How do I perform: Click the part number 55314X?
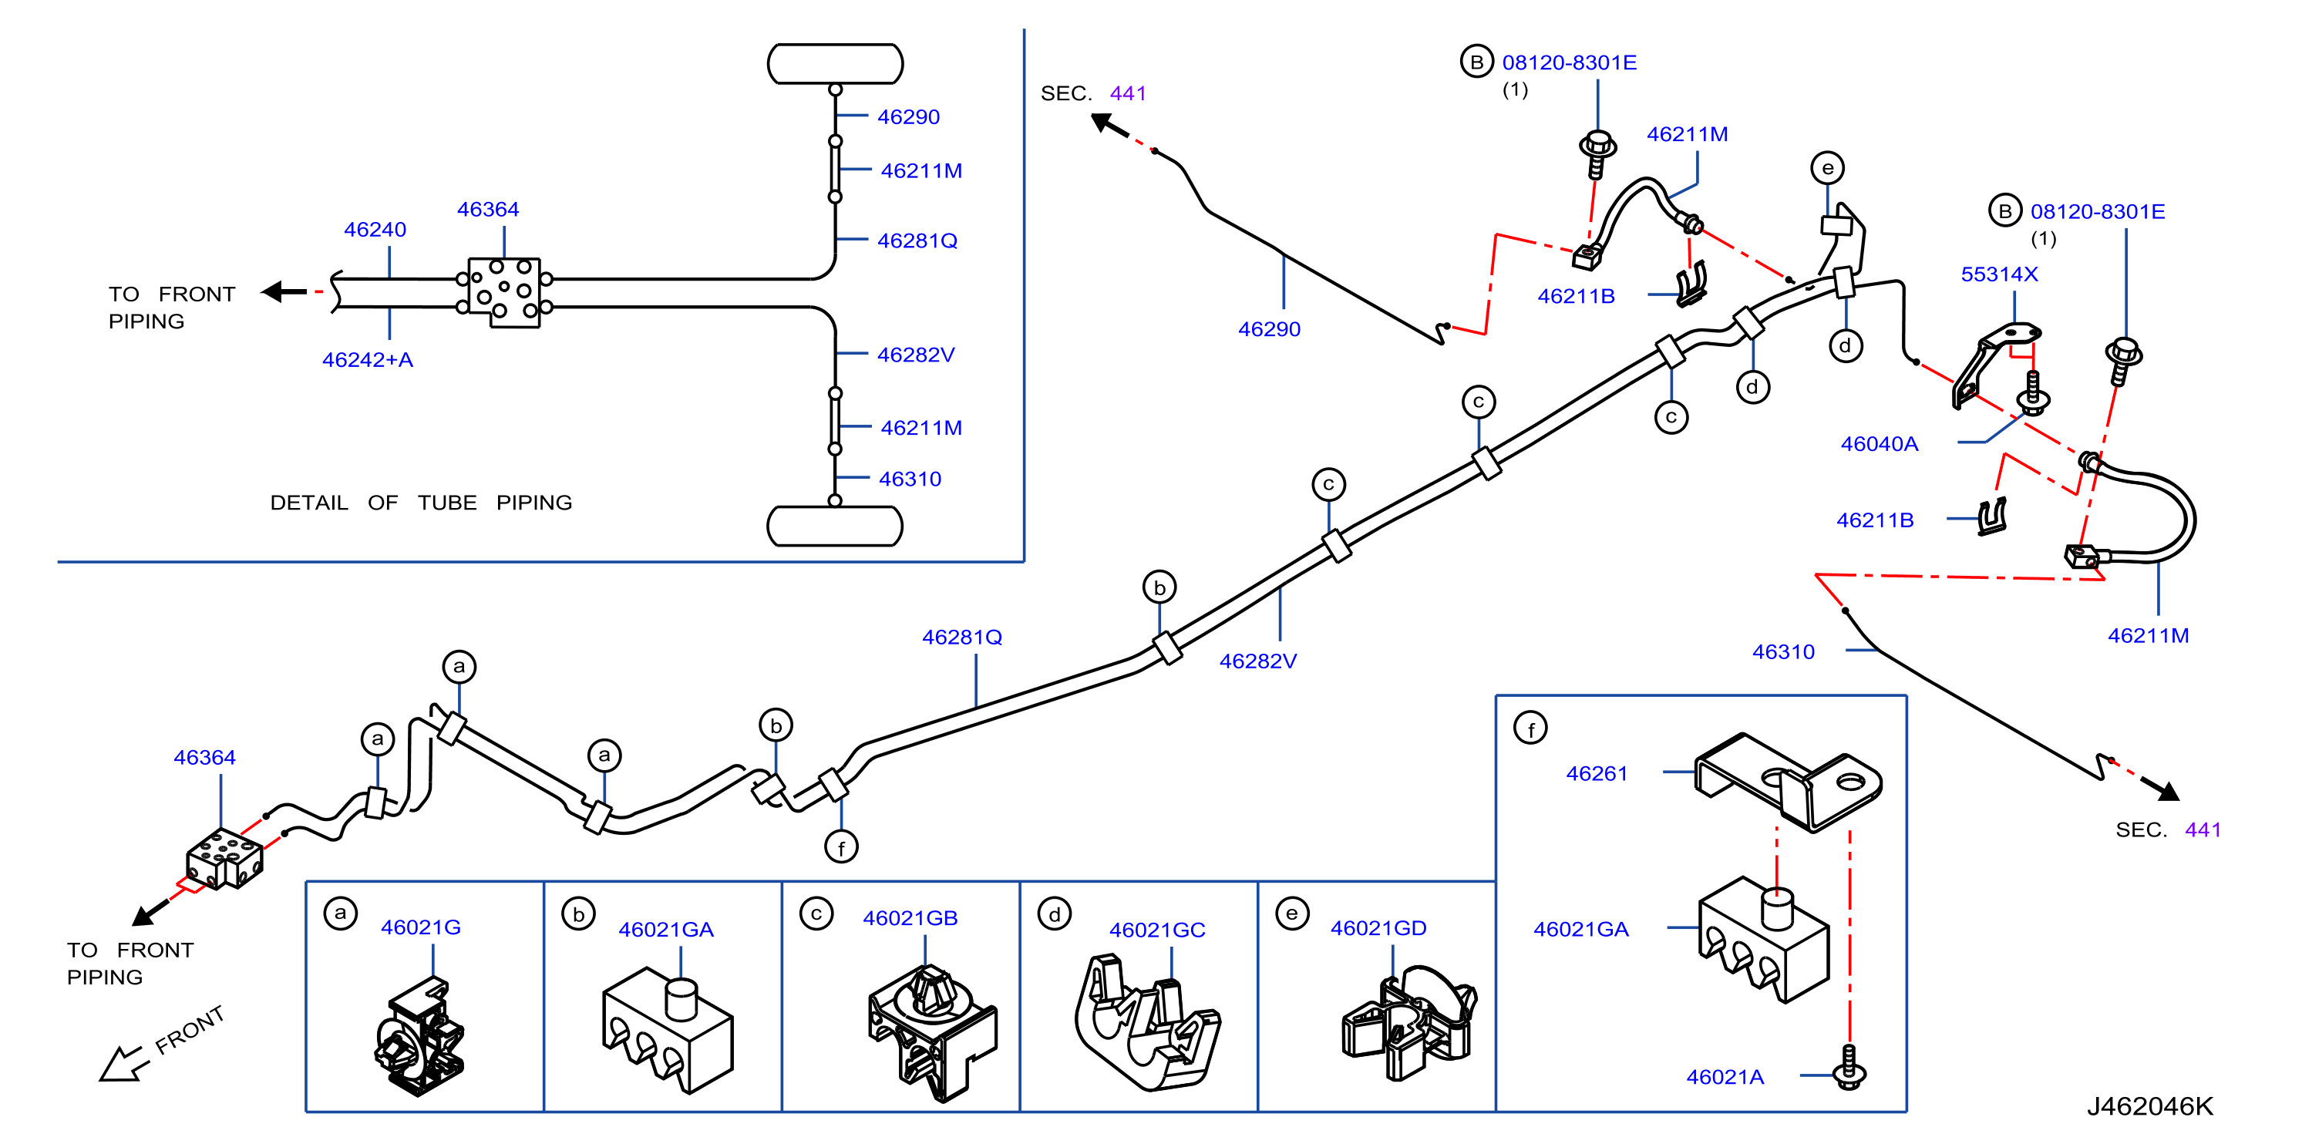click(x=1999, y=274)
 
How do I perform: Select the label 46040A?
click(x=1880, y=444)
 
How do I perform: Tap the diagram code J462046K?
click(x=2150, y=1106)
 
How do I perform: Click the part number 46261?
click(x=1597, y=774)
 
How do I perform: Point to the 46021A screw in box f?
click(x=1849, y=1068)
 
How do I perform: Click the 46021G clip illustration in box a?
click(x=419, y=1037)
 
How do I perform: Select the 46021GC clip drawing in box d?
click(x=1146, y=1023)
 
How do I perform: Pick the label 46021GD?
click(x=1378, y=929)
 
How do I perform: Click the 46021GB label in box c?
click(x=910, y=919)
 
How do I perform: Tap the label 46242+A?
click(x=367, y=360)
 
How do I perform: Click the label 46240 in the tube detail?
click(x=375, y=230)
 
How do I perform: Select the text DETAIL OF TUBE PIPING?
click(x=421, y=503)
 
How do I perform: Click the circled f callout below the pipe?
click(x=841, y=846)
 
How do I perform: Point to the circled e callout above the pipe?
click(x=1827, y=168)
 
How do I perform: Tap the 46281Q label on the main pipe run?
click(x=961, y=638)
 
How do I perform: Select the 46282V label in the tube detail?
click(x=916, y=355)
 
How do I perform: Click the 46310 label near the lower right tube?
click(x=1783, y=652)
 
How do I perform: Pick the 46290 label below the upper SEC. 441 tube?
click(x=1269, y=330)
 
